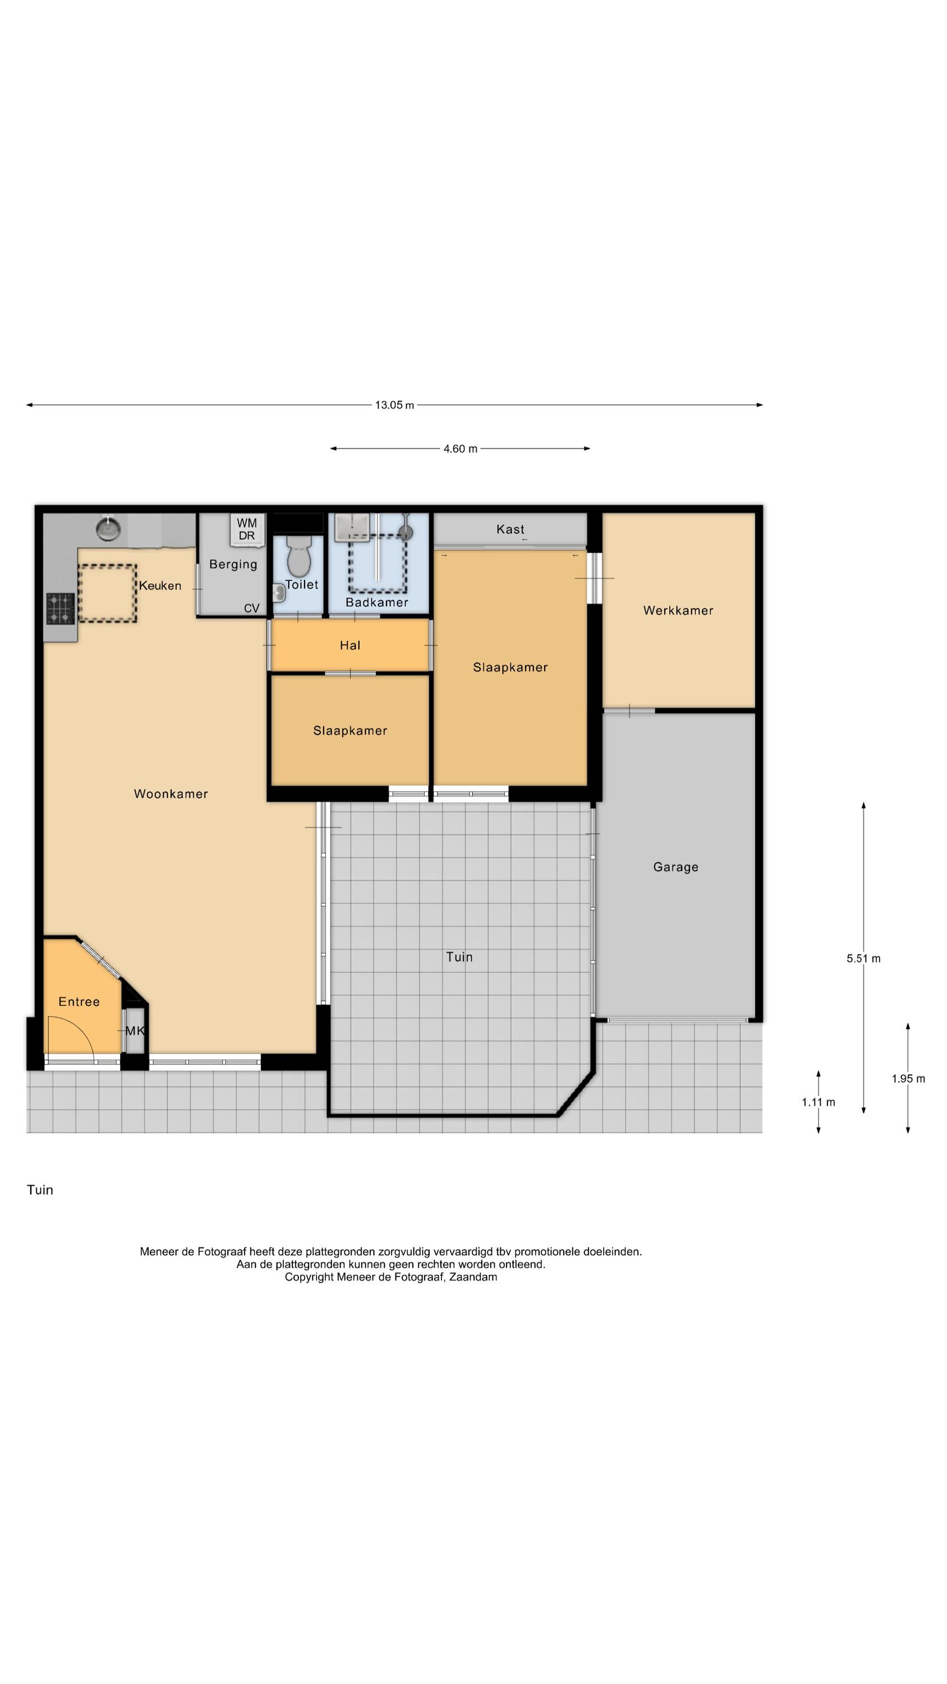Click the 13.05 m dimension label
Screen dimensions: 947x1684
[394, 405]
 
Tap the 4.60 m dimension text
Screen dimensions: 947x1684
[460, 449]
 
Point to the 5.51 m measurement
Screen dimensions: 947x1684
[863, 958]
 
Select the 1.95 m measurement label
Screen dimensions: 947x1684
[908, 1079]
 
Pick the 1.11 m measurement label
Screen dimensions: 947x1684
[819, 1102]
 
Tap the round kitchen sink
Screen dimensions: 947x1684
[108, 528]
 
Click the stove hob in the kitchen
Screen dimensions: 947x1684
[60, 608]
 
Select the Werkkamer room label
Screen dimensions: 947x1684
[678, 611]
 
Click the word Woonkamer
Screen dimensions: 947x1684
[171, 794]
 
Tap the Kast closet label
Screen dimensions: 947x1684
[510, 529]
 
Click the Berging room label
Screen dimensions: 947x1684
[233, 564]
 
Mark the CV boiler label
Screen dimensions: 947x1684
[252, 608]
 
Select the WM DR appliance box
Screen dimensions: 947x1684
[247, 529]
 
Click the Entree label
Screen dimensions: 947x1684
[79, 1001]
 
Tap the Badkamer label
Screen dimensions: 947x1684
[376, 602]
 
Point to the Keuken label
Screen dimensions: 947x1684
[160, 585]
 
